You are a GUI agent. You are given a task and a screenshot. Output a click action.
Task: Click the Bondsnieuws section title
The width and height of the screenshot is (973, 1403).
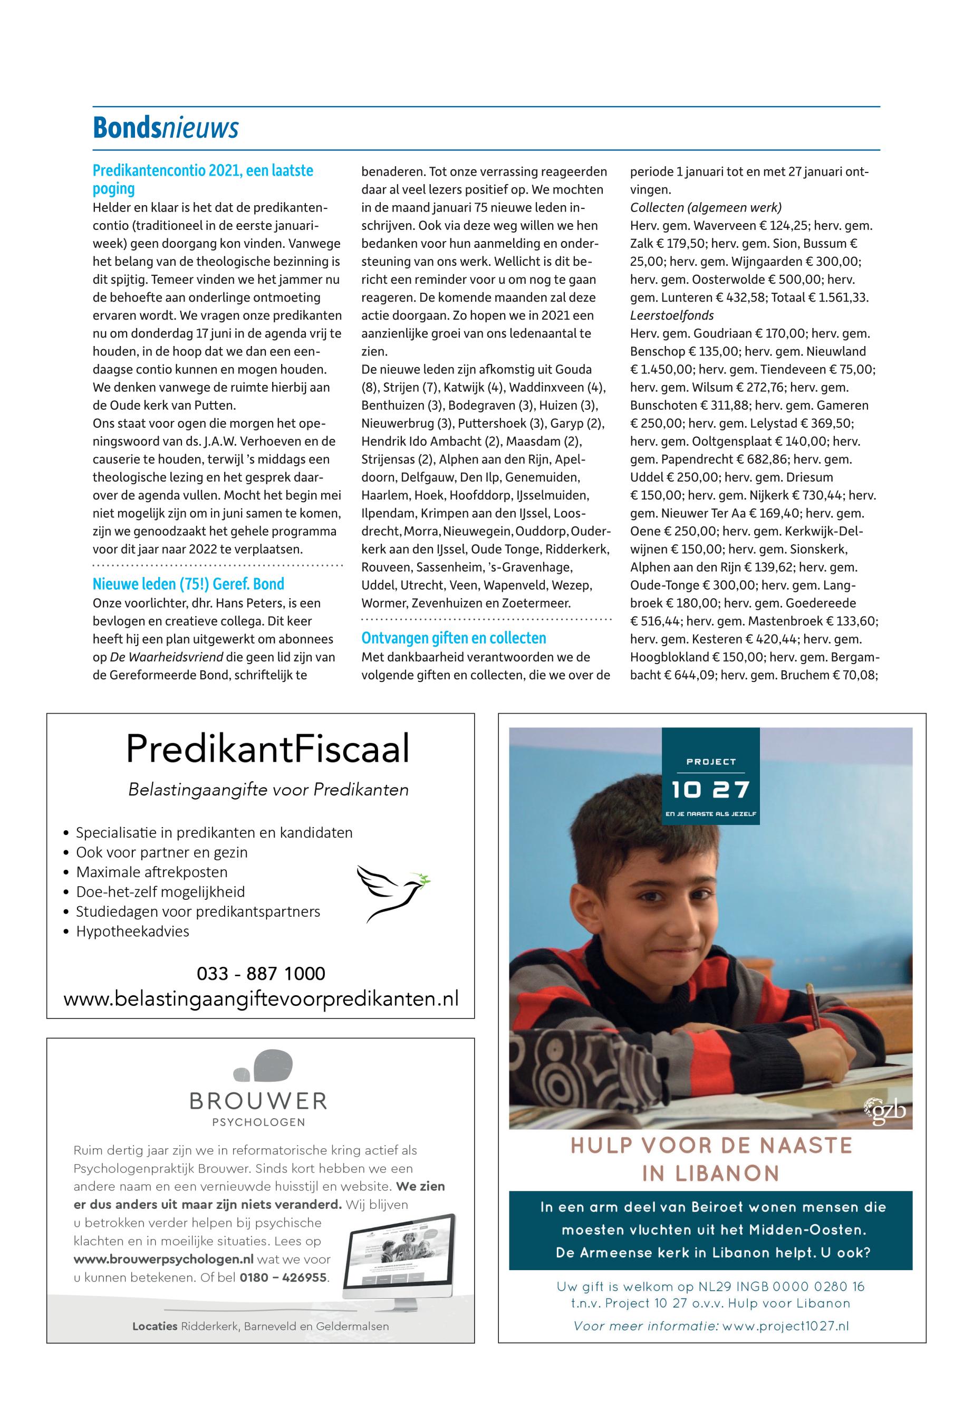pos(165,129)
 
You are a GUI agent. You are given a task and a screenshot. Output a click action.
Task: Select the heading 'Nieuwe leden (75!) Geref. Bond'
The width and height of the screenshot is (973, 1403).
pos(188,584)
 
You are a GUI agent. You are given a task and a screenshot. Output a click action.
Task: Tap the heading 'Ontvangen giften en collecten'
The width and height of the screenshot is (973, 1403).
pos(454,638)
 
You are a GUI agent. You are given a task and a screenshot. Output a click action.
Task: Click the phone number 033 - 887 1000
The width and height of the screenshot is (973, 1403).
pos(261,973)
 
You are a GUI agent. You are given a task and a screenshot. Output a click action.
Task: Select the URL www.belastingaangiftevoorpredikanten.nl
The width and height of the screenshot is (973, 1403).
pos(261,1000)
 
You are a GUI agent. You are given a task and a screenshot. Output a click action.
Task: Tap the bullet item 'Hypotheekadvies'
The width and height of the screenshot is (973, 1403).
pos(132,931)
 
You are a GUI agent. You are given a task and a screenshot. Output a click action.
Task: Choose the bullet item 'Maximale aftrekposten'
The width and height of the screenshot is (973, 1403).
pos(151,872)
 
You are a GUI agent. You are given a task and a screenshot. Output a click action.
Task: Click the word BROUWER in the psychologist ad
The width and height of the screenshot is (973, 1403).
pos(258,1101)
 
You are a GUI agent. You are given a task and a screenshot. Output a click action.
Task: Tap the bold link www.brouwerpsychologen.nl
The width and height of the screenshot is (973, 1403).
pos(163,1259)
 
